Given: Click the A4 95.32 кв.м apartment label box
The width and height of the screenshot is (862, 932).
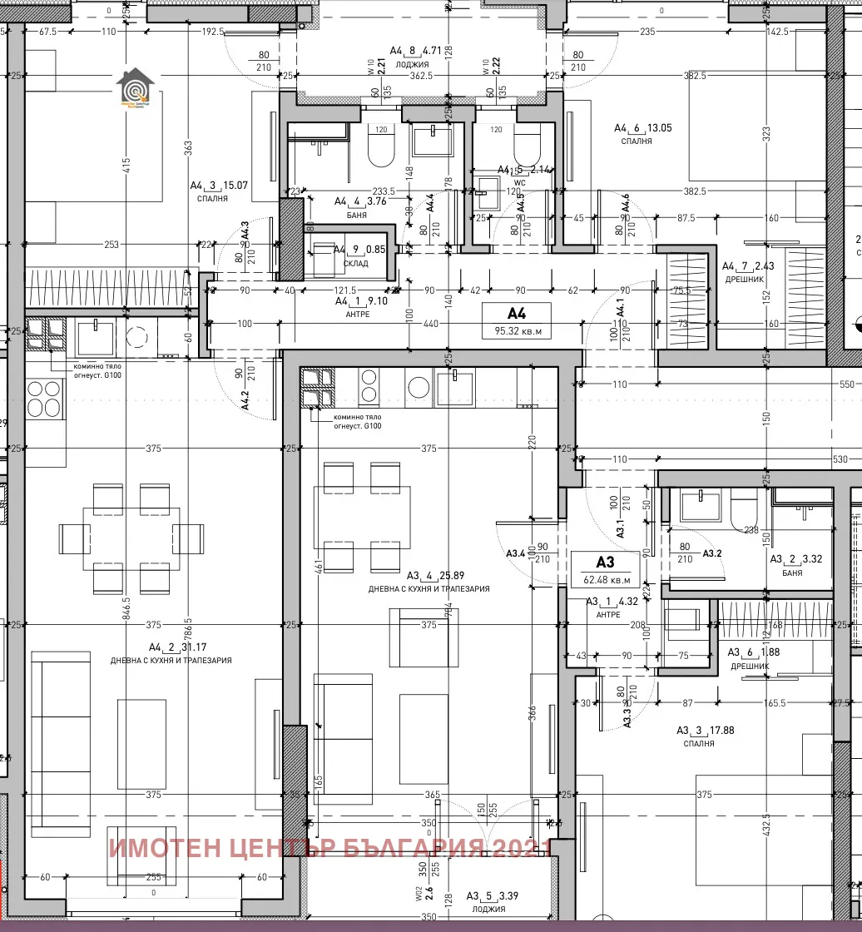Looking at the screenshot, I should (x=518, y=322).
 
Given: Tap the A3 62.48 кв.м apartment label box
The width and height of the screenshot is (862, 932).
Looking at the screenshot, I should (x=605, y=569).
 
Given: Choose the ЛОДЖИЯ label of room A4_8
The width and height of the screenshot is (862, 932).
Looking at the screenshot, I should (x=413, y=63).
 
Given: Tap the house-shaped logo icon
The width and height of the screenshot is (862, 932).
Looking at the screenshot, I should (x=133, y=88).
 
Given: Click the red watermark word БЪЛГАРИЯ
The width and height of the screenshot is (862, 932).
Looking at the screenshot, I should (x=411, y=848).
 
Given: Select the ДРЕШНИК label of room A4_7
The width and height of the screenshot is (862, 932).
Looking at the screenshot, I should (x=739, y=280).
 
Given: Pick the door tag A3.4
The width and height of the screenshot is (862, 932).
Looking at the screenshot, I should (x=516, y=553).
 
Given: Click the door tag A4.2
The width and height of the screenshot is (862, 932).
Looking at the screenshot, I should (x=245, y=401).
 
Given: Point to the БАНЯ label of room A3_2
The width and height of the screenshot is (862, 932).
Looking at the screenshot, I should (x=792, y=573).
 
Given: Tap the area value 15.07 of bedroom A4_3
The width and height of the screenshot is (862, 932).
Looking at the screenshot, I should (x=234, y=186).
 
